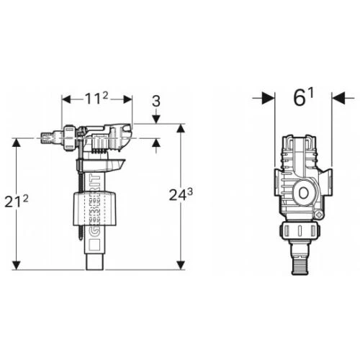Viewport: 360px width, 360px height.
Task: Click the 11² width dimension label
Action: (96, 99)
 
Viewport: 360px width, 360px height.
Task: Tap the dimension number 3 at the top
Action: (156, 102)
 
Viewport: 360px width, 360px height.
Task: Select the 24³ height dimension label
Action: (181, 194)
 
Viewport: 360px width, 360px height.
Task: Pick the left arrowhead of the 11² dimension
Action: (66, 99)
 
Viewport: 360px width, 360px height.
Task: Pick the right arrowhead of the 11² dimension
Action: (127, 99)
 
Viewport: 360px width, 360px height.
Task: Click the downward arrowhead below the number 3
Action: (156, 120)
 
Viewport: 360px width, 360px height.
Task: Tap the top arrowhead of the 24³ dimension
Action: (181, 128)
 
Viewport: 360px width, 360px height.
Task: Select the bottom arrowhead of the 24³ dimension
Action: (181, 265)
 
